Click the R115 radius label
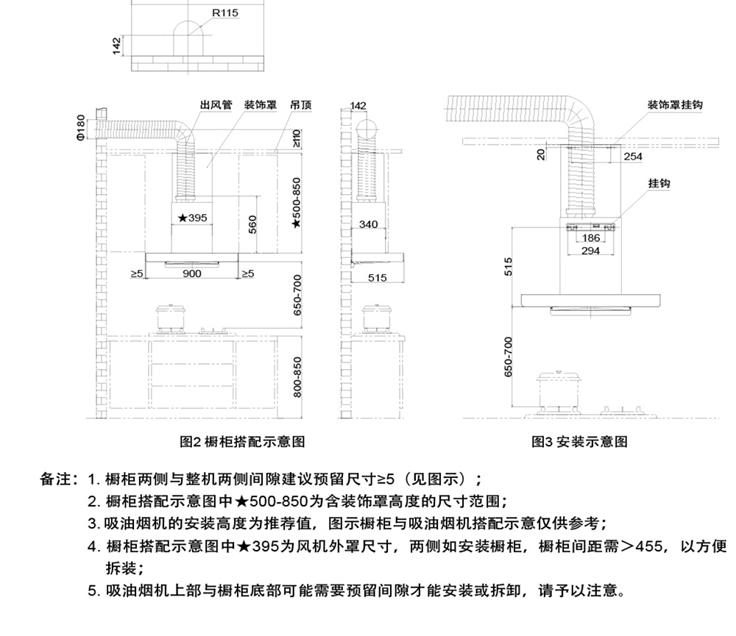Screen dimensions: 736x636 (225, 13)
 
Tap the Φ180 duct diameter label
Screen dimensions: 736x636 (81, 127)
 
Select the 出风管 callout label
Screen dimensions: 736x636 (216, 104)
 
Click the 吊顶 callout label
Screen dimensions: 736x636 (301, 104)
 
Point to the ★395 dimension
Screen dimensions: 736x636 (192, 218)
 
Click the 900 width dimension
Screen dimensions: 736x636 (192, 274)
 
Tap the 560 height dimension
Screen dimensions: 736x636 (252, 225)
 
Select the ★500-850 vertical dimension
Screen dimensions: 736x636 (296, 203)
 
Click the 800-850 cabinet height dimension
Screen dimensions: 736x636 (297, 377)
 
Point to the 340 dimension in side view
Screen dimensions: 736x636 (369, 224)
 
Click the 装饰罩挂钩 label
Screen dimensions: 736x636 (675, 104)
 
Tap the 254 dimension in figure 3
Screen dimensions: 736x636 (633, 157)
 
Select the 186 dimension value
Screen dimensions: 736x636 (591, 238)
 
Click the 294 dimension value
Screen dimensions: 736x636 (590, 251)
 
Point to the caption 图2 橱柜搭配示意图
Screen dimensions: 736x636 (242, 441)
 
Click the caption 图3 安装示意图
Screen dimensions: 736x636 (579, 441)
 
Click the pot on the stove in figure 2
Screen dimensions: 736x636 (171, 318)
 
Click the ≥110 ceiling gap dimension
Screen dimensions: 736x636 (296, 139)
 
